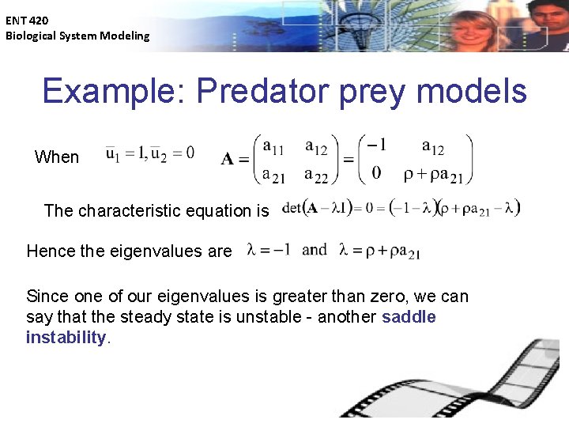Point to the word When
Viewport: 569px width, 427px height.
(57, 157)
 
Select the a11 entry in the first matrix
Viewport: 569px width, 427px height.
(273, 146)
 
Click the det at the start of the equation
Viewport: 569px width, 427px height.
(291, 209)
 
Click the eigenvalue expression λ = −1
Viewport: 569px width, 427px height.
(269, 250)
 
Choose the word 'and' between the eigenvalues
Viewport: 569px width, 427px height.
(314, 250)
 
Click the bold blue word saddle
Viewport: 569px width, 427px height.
(409, 317)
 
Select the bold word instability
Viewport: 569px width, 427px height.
(66, 338)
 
